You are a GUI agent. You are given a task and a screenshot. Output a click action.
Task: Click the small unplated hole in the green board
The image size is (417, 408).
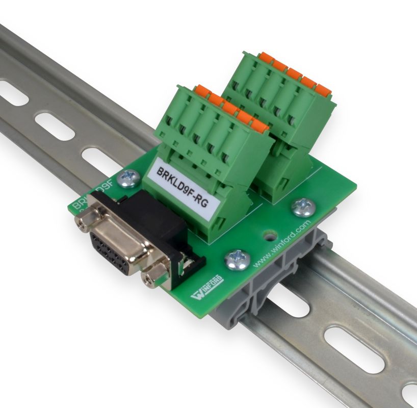[x=268, y=236]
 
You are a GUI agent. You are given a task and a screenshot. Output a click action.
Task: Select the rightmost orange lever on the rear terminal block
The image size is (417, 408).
[x=323, y=90]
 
